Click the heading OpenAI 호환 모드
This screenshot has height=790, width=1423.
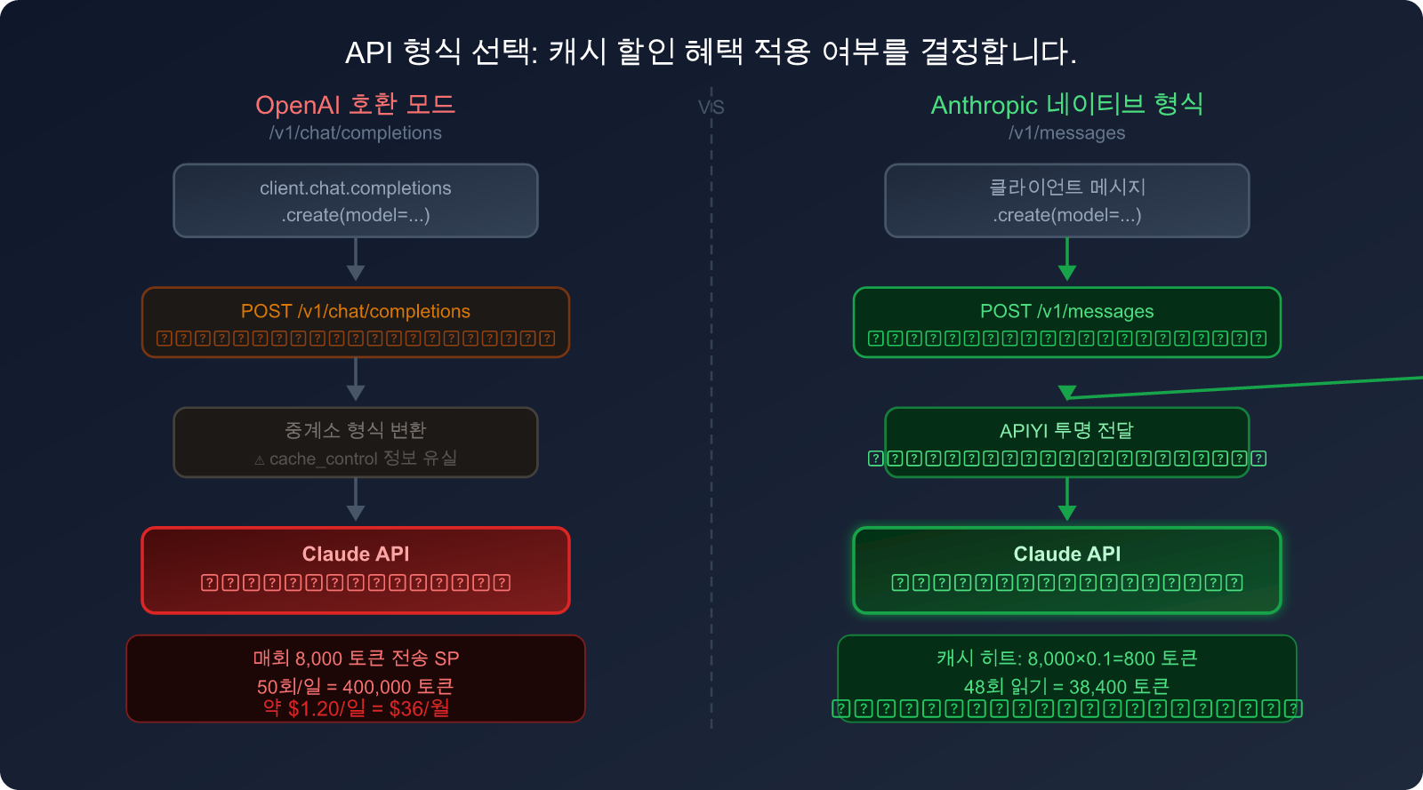pos(355,105)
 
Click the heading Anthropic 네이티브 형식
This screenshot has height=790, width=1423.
pos(1066,105)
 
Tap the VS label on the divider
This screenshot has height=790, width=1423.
pos(711,108)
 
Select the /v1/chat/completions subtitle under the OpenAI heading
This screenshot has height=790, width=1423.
pos(355,133)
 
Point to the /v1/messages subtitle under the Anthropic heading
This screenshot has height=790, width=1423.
pos(1066,133)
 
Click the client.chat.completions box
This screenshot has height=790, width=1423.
pos(355,201)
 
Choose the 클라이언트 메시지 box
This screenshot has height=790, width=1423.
pos(1066,201)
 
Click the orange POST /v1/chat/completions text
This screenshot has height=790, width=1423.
pos(355,312)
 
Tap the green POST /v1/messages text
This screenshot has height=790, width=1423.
pos(1066,312)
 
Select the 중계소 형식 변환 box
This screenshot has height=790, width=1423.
pos(355,442)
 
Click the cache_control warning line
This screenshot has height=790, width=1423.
pos(355,459)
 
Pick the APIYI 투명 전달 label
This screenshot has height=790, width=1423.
pos(1066,431)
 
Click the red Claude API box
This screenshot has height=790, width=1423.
pos(355,570)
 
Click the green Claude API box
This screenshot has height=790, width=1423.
pos(1066,570)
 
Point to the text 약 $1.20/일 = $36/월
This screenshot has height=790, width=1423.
pos(355,708)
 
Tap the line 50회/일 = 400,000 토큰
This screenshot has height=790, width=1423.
pos(355,687)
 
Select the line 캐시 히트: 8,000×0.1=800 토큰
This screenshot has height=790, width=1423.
pos(1066,658)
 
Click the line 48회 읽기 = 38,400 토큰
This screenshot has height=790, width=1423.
pos(1066,687)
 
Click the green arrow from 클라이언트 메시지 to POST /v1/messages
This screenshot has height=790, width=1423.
pos(1067,259)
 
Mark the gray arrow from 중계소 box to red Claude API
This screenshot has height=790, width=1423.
pos(356,499)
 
